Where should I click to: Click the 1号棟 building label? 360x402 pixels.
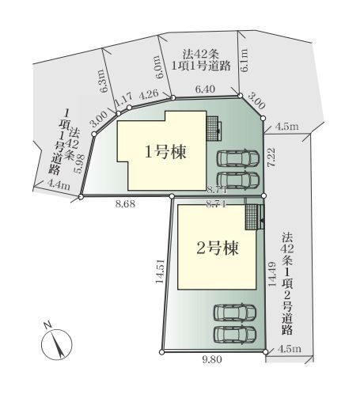(x=165, y=153)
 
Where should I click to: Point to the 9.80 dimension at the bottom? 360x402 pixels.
(x=212, y=360)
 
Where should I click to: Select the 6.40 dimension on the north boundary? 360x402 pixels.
(x=205, y=92)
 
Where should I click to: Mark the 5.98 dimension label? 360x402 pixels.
(x=79, y=162)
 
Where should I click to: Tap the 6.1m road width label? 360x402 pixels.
(x=244, y=57)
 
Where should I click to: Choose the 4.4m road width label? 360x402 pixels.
(x=59, y=185)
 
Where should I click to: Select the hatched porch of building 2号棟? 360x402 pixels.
(x=252, y=216)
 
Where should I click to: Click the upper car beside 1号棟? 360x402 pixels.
(x=238, y=157)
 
